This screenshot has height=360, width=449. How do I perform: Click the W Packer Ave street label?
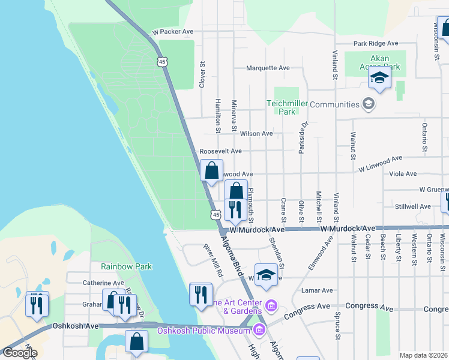click(173, 31)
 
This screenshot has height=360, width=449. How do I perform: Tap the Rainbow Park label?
click(127, 266)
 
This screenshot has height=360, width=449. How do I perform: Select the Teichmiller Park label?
click(287, 107)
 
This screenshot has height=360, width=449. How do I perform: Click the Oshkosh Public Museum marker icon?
click(259, 329)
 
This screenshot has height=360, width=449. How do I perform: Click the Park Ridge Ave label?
click(376, 43)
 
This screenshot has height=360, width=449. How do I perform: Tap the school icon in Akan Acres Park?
click(379, 79)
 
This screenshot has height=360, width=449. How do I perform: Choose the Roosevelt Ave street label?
click(220, 151)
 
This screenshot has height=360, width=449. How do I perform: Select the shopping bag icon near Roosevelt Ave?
click(211, 171)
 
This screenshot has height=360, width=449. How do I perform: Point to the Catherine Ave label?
click(103, 283)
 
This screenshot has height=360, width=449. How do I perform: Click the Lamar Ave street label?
click(318, 290)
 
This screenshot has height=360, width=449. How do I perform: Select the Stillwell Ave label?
click(413, 206)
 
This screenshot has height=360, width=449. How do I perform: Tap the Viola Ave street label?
click(402, 174)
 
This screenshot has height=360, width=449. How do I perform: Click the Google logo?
click(19, 353)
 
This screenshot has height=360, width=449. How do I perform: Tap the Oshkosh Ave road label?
click(75, 326)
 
